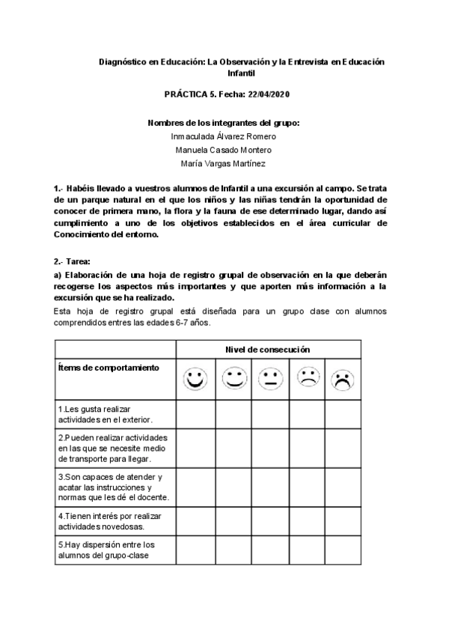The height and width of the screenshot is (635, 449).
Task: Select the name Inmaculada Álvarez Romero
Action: [x=224, y=136]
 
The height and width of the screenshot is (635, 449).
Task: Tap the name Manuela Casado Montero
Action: [x=224, y=150]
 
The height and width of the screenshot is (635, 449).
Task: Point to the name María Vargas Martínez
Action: [x=224, y=163]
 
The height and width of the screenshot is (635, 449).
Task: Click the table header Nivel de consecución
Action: [x=268, y=350]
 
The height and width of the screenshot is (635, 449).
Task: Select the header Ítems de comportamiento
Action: [x=108, y=368]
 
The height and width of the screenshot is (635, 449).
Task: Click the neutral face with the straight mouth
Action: [x=269, y=379]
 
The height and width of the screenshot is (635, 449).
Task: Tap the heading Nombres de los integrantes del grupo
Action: [x=224, y=122]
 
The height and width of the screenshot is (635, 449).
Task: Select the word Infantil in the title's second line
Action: [x=241, y=74]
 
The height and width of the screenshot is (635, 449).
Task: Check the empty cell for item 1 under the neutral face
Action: [x=269, y=415]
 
